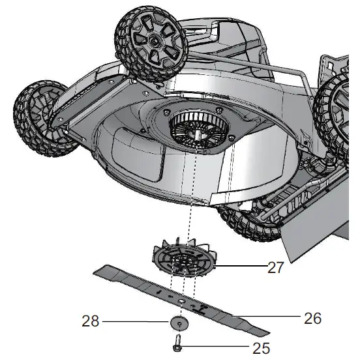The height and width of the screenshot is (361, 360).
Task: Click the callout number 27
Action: click(x=275, y=267)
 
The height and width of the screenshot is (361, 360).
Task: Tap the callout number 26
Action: click(x=312, y=319)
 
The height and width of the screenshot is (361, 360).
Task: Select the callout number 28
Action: click(x=91, y=321)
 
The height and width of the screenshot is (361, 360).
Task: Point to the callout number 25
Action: click(x=261, y=348)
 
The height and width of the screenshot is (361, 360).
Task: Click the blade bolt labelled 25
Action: click(x=177, y=343)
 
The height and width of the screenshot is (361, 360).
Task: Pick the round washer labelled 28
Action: click(x=179, y=323)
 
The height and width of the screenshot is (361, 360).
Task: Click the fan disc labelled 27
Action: click(x=185, y=258)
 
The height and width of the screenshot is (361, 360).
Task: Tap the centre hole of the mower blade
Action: click(x=181, y=301)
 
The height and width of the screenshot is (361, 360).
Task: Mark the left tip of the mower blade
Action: click(x=93, y=274)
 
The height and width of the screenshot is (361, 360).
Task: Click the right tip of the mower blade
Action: click(x=269, y=332)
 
